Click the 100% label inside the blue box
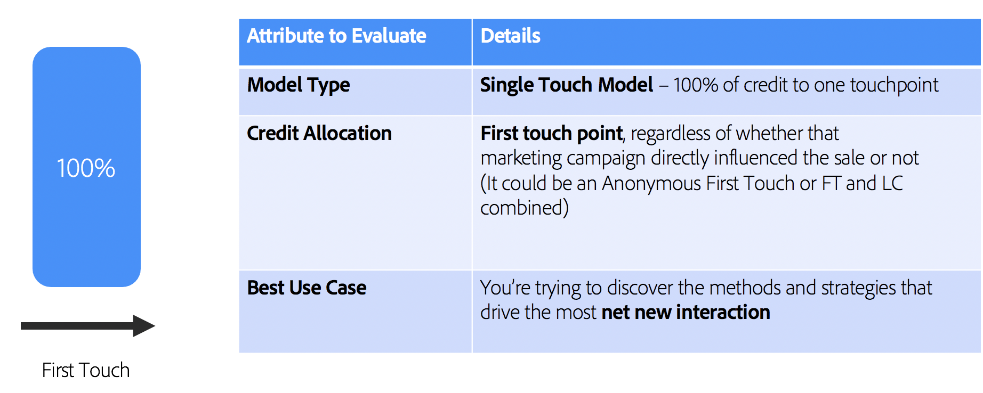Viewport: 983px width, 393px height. point(86,168)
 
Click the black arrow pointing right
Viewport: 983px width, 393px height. point(87,326)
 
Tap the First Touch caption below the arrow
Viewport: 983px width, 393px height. point(86,370)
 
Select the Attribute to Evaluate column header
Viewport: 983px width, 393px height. point(336,36)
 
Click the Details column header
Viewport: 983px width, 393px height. point(510,36)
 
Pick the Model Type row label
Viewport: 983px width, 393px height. point(299,85)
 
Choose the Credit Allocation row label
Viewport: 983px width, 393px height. point(319,133)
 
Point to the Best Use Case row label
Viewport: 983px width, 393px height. point(307,288)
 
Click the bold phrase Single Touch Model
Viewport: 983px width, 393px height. point(566,85)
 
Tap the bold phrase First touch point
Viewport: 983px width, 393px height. point(551,133)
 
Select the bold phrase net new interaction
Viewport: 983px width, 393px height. point(686,313)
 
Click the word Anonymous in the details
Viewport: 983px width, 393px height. point(651,184)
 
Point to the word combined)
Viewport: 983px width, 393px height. point(524,208)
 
